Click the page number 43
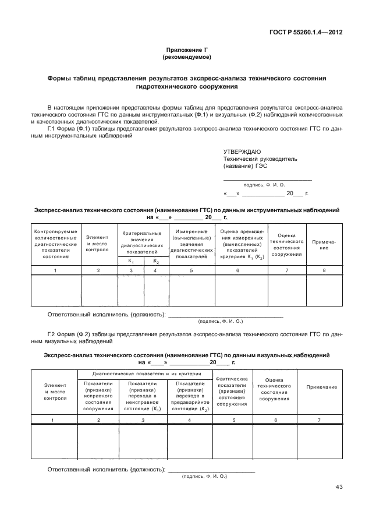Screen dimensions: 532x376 [339, 488]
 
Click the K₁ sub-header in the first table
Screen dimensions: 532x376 [131, 261]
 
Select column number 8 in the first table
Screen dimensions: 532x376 [324, 270]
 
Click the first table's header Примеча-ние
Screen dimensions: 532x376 [324, 245]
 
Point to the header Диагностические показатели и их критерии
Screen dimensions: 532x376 [146, 374]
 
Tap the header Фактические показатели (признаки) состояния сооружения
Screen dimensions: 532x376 [232, 391]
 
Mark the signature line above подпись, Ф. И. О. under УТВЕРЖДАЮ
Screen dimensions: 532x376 [268, 179]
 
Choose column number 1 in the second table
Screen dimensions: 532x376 [53, 420]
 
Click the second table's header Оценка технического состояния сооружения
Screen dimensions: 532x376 [274, 390]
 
